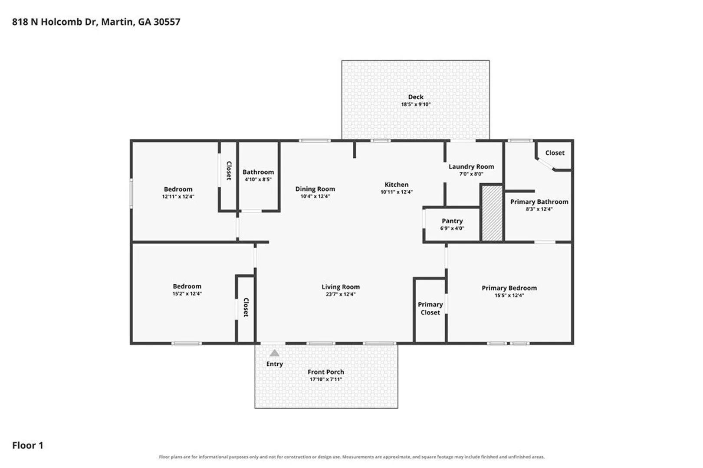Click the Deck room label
coord(416,97)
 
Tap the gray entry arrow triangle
coord(274,353)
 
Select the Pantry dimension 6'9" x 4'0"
coord(452,228)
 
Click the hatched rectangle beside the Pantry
coord(492,213)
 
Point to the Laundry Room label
coord(471,167)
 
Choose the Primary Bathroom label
coord(539,202)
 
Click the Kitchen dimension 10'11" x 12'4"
coord(396,192)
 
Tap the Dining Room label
coord(315,189)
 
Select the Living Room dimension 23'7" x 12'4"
coord(341,294)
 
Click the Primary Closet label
coord(430,309)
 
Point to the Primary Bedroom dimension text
coord(509,295)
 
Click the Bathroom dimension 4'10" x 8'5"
coord(258,179)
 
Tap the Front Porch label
coord(326,372)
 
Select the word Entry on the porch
coord(275,364)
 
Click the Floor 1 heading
coord(28,445)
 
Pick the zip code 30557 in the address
coord(167,22)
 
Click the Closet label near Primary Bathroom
coord(555,153)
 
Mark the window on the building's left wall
coord(131,193)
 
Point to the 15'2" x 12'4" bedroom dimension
coord(187,294)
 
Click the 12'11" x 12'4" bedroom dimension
coord(178,197)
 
